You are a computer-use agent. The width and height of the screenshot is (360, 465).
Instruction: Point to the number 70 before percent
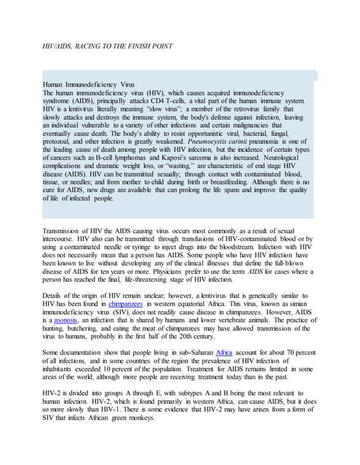tap(287, 351)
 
